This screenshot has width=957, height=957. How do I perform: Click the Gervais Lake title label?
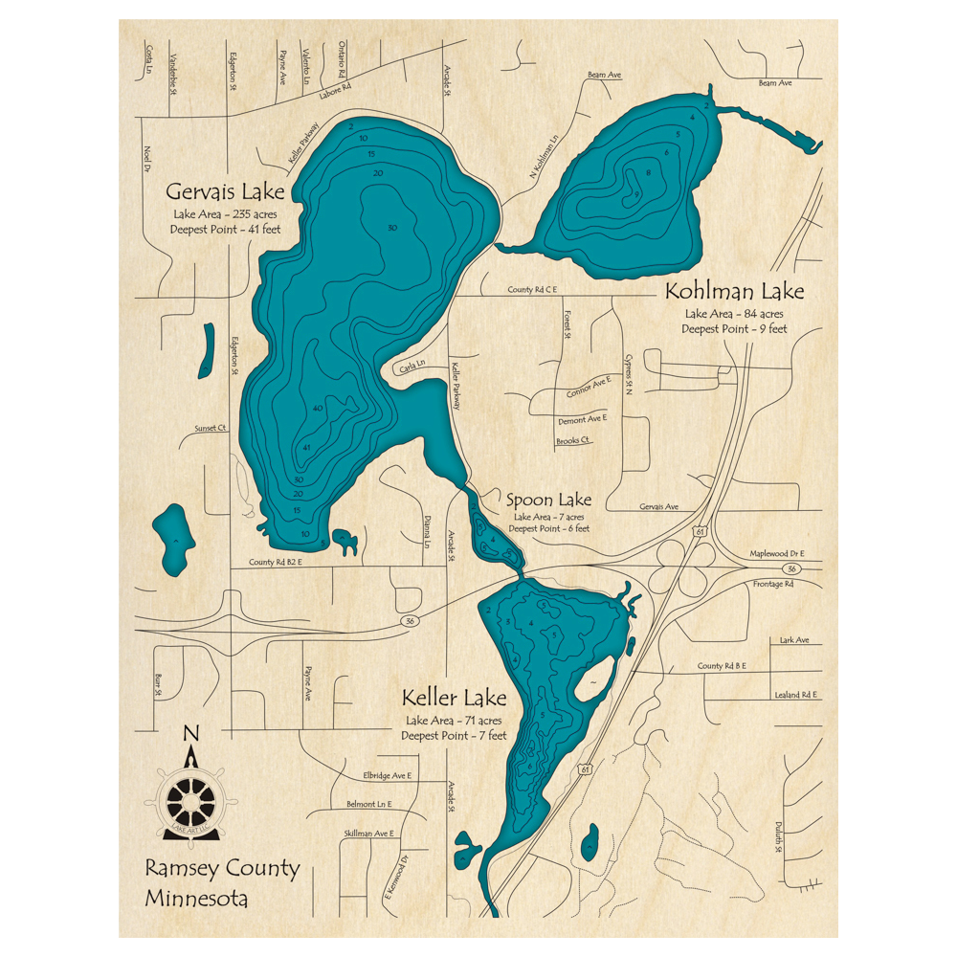(x=225, y=190)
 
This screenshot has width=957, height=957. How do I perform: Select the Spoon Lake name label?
(x=548, y=500)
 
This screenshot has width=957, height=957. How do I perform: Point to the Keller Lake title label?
(x=454, y=697)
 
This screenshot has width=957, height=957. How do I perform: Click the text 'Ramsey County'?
(x=222, y=869)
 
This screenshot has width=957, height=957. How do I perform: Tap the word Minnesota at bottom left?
(x=196, y=899)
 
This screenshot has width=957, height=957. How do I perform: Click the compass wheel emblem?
(x=191, y=800)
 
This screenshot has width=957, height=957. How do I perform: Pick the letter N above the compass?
(x=191, y=734)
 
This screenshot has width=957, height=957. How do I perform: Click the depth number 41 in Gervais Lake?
(x=306, y=448)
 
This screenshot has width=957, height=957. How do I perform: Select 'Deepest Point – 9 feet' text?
(x=734, y=329)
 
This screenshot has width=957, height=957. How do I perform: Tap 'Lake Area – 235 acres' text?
(x=225, y=213)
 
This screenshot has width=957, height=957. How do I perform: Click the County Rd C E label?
(x=532, y=290)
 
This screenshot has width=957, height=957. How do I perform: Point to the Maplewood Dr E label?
(x=776, y=554)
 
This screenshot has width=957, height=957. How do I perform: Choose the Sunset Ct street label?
(x=210, y=428)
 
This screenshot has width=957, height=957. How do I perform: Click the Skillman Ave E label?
(x=368, y=835)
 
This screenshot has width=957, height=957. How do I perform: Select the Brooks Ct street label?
(x=573, y=441)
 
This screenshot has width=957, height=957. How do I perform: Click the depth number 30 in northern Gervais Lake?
(x=391, y=228)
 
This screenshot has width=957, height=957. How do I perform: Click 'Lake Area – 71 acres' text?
(x=454, y=720)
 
